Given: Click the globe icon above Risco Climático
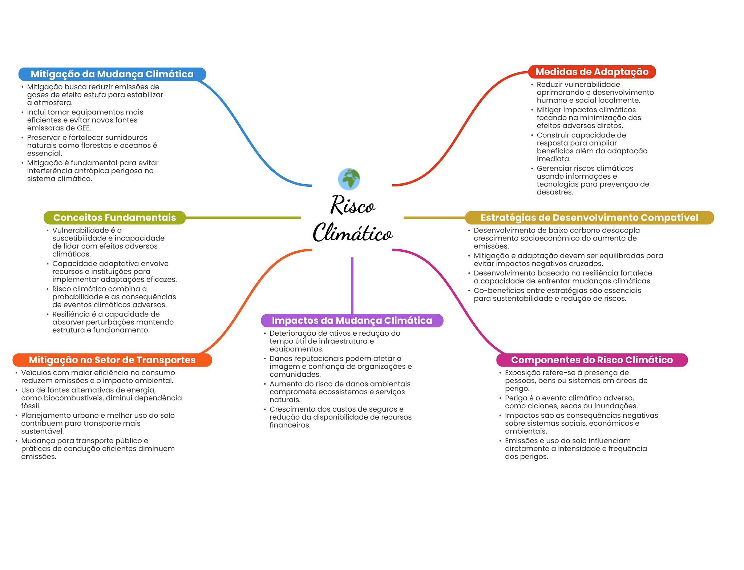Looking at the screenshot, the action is pyautogui.click(x=349, y=179).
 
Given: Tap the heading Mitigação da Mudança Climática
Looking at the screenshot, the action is pyautogui.click(x=112, y=74).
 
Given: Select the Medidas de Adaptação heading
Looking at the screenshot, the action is pyautogui.click(x=592, y=72).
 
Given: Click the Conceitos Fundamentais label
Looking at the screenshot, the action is pyautogui.click(x=114, y=218).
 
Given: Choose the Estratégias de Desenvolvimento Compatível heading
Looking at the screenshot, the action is pyautogui.click(x=589, y=218).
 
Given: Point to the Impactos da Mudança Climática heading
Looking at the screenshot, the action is pyautogui.click(x=352, y=320).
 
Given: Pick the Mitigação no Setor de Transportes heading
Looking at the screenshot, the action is pyautogui.click(x=112, y=360).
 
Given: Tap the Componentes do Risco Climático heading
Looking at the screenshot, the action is pyautogui.click(x=592, y=360).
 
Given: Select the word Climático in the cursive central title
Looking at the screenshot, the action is pyautogui.click(x=352, y=232).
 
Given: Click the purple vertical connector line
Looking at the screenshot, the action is pyautogui.click(x=352, y=286).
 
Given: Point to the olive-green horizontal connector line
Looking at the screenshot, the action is pyautogui.click(x=243, y=218).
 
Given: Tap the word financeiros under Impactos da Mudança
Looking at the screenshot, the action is pyautogui.click(x=290, y=425).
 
